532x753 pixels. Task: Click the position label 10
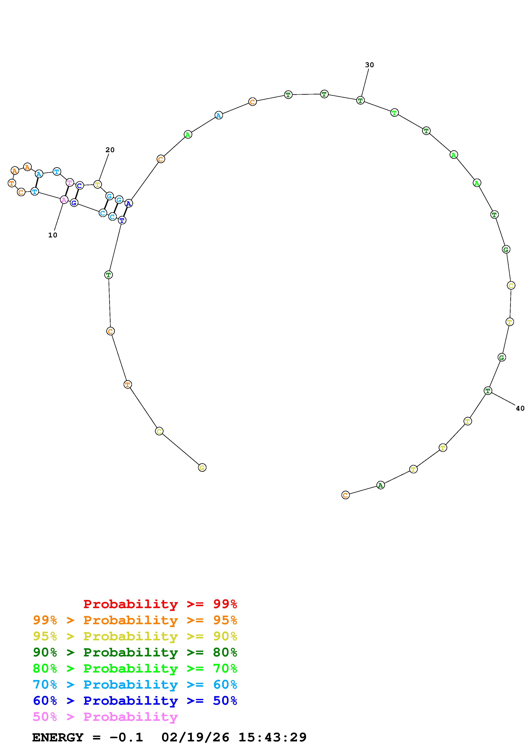[52, 235]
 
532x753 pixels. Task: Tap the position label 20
[110, 150]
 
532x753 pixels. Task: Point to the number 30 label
[369, 65]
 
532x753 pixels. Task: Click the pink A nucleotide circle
[64, 199]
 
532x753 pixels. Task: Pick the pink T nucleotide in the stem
[70, 182]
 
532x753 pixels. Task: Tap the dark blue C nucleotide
[79, 185]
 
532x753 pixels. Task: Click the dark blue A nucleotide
[129, 203]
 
